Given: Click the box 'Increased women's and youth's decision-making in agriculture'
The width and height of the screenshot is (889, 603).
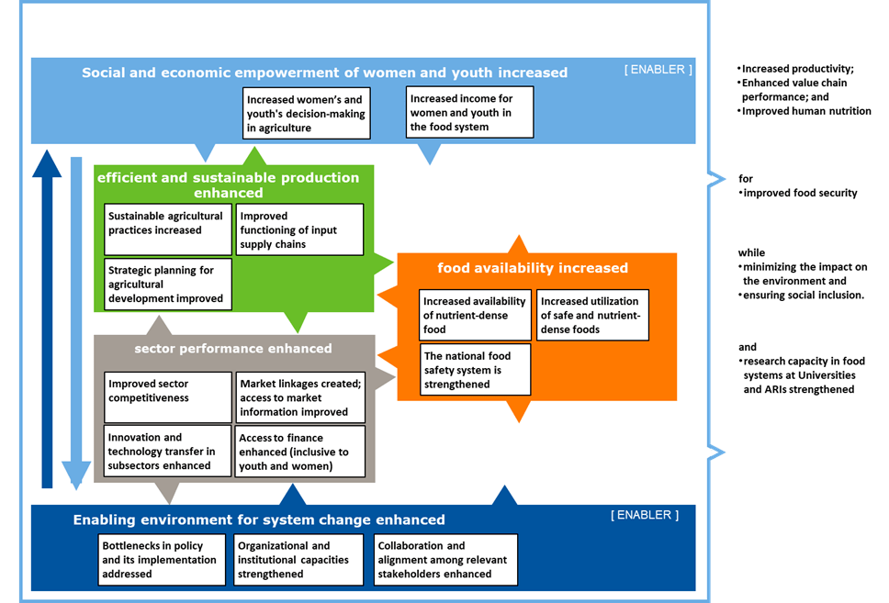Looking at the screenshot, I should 307,113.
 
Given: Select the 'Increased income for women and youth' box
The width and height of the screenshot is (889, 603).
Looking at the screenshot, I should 469,112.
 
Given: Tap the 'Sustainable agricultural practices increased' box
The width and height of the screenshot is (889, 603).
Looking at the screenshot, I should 167,229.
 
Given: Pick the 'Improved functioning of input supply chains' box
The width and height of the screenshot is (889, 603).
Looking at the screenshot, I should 299,229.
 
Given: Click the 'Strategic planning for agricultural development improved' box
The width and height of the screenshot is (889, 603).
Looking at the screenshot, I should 167,284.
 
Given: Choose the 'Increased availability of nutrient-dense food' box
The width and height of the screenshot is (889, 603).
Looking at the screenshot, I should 474,315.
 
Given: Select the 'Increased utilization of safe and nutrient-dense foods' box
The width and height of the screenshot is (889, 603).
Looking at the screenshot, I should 592,315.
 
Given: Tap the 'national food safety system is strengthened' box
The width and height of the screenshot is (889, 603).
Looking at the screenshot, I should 474,369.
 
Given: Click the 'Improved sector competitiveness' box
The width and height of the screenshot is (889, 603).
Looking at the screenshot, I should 167,396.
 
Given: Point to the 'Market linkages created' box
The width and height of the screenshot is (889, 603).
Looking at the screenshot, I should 299,396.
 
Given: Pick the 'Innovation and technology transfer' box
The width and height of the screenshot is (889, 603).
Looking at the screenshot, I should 167,452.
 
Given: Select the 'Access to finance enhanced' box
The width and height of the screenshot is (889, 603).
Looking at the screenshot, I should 299,452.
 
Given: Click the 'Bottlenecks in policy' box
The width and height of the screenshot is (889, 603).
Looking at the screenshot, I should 163,559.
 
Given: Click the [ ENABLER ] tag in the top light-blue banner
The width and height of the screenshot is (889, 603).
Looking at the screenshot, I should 658,69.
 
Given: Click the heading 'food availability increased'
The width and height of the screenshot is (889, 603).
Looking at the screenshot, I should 533,268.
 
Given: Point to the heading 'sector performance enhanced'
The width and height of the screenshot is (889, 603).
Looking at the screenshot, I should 233,349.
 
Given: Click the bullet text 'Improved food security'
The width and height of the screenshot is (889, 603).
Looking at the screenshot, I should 799,193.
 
